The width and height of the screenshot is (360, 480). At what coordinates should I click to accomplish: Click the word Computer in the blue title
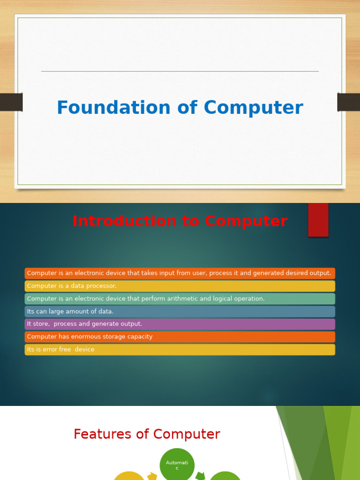click(x=253, y=108)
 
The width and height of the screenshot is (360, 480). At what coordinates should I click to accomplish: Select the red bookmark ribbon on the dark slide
click(x=318, y=219)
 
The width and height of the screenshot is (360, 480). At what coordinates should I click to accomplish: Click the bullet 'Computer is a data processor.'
click(x=72, y=286)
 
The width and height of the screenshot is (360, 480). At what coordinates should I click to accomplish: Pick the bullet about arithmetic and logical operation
click(x=146, y=299)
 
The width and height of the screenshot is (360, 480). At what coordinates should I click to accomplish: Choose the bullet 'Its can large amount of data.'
click(x=70, y=311)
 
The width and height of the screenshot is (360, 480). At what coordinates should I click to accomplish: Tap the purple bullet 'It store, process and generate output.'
click(x=84, y=324)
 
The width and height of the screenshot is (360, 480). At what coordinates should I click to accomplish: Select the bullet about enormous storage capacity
click(x=90, y=337)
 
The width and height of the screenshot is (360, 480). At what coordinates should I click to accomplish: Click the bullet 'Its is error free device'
click(x=60, y=349)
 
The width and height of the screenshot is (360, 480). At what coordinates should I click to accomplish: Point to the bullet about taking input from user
click(x=179, y=273)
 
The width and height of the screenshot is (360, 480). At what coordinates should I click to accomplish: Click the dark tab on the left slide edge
click(x=11, y=102)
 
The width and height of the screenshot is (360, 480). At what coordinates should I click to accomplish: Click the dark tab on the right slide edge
click(x=349, y=102)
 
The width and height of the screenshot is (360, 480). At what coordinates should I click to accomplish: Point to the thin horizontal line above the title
click(x=180, y=71)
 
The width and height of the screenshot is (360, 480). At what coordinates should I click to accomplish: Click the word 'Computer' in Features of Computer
click(x=191, y=434)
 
